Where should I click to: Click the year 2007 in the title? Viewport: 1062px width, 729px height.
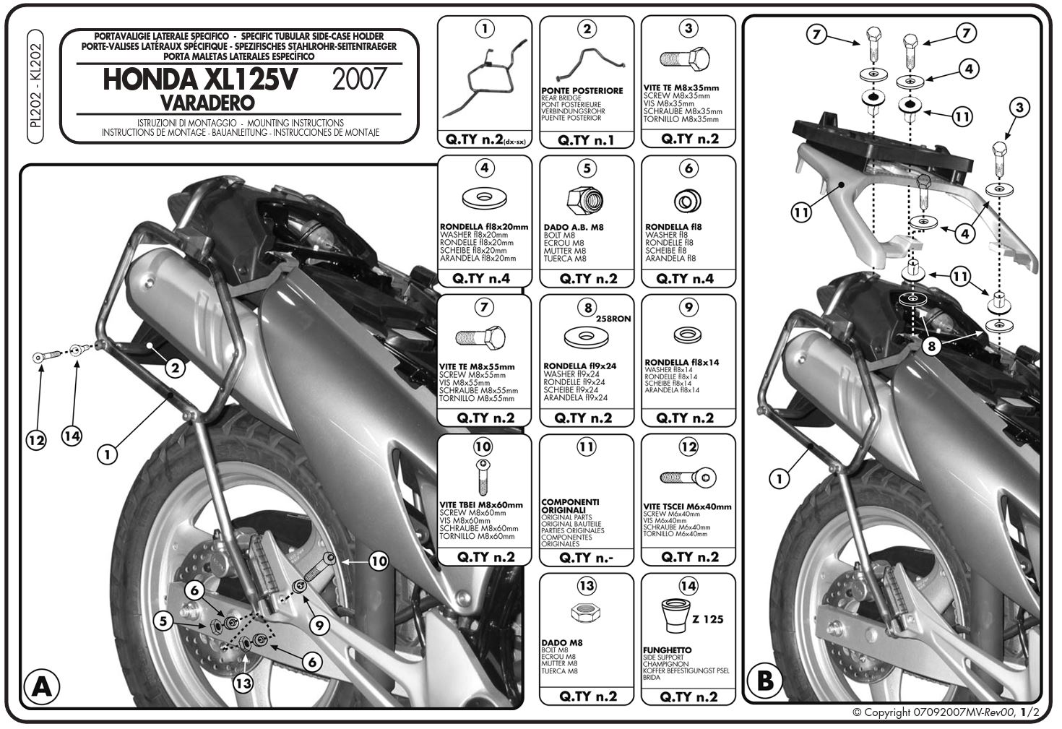coord(359,79)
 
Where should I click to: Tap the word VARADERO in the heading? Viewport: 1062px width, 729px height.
coord(207,103)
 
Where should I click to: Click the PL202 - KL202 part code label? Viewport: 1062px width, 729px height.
coord(35,86)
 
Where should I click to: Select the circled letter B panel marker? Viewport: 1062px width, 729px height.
coord(764,681)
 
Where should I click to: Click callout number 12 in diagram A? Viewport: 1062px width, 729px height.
coord(36,440)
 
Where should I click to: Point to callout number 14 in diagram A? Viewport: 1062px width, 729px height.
coord(72,436)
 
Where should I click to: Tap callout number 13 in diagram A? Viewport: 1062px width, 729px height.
coord(243,683)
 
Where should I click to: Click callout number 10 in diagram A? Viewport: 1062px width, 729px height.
coord(379,561)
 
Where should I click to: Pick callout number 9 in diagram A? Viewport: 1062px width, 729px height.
coord(319,625)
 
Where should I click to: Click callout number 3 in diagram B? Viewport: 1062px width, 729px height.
coord(1019,108)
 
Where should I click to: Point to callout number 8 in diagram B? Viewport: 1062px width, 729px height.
coord(931,346)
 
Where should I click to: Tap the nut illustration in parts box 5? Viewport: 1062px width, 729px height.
coord(585,200)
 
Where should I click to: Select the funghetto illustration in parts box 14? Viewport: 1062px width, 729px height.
coord(675,616)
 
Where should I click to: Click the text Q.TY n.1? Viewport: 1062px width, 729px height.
coord(585,140)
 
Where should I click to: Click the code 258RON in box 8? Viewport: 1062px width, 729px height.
coord(613,319)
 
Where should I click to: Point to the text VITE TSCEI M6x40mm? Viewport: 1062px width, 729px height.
coord(687,506)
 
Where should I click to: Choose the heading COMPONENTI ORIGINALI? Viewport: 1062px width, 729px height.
coord(571,506)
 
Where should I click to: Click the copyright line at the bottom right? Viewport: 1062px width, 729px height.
coord(946,712)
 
